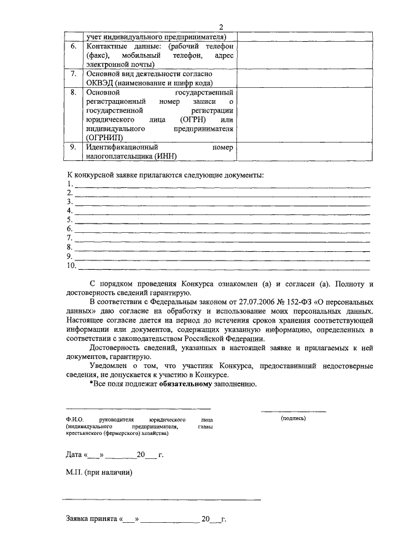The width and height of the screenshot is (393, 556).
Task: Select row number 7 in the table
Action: click(74, 74)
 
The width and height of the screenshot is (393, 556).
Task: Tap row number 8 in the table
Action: click(74, 92)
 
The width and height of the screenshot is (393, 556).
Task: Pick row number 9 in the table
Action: click(74, 147)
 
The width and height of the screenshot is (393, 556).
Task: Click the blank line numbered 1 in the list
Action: click(221, 185)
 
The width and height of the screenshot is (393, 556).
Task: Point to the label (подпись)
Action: click(293, 418)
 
